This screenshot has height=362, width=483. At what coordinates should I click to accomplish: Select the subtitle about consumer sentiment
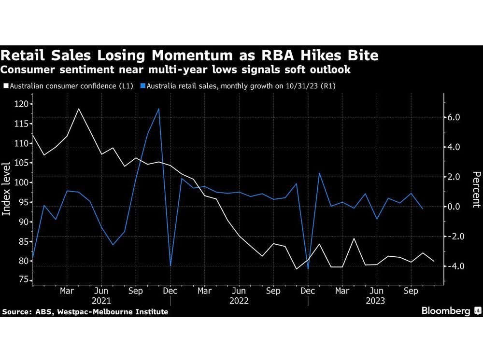click(175, 70)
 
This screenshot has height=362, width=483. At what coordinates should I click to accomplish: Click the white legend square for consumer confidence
click(5, 86)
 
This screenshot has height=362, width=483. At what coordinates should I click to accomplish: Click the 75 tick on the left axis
click(22, 280)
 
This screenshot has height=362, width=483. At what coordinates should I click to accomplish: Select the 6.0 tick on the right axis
click(457, 117)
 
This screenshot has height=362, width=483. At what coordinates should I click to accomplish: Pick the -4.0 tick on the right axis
click(456, 266)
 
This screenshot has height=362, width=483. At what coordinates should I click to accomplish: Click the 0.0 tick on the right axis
click(457, 207)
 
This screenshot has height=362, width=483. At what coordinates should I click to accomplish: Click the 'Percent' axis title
click(476, 189)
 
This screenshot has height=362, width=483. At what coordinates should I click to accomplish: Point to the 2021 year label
click(101, 301)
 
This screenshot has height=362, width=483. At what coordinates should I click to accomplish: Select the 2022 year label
click(239, 301)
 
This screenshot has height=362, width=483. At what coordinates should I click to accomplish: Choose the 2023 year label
click(376, 301)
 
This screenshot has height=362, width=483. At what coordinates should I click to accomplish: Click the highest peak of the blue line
click(159, 109)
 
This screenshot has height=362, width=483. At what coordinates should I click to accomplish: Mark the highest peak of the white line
click(78, 109)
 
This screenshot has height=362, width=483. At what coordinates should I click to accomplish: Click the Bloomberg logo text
click(446, 311)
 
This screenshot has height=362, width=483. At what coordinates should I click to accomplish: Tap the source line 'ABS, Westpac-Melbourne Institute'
click(85, 312)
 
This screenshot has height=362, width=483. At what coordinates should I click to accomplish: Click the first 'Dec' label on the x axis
click(170, 292)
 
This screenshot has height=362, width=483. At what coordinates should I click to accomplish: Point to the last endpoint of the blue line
click(423, 209)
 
